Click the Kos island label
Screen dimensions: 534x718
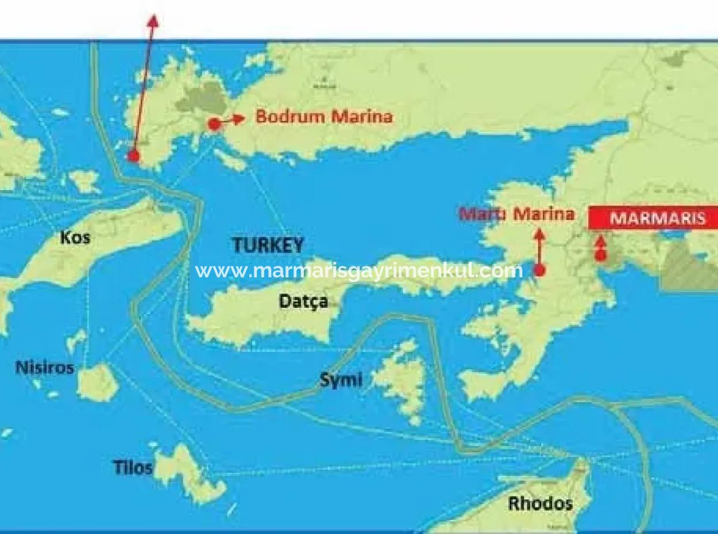click(x=75, y=237)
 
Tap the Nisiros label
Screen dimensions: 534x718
click(x=45, y=367)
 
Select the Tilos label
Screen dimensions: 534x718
click(x=133, y=467)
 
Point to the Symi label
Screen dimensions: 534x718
click(x=341, y=380)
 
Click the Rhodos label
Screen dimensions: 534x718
click(x=540, y=504)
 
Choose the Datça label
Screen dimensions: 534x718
click(x=303, y=301)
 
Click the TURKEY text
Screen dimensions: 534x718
click(x=268, y=246)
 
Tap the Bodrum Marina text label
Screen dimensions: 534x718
click(x=324, y=117)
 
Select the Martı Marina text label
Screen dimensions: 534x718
click(x=516, y=214)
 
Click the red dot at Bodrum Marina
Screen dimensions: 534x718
click(x=214, y=123)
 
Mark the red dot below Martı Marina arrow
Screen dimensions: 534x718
click(x=539, y=270)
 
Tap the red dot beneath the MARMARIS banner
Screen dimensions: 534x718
click(x=601, y=256)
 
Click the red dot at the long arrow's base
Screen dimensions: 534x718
click(x=133, y=156)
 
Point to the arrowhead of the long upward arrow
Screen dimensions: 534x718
click(x=153, y=21)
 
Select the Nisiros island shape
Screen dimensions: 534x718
click(x=98, y=382)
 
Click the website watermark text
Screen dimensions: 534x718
click(x=359, y=270)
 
